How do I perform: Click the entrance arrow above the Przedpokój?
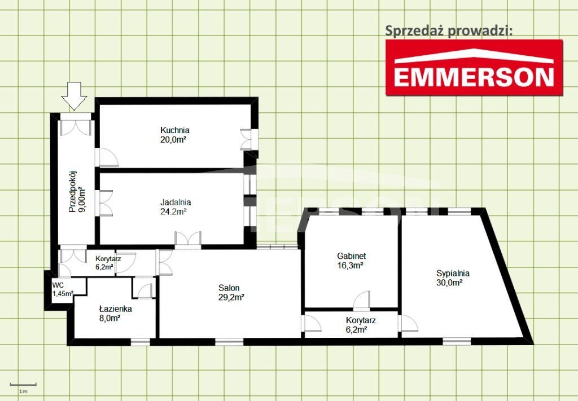74,96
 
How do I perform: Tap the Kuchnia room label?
175,130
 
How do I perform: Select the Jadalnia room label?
176,202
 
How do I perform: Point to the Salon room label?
229,288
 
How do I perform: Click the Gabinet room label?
351,256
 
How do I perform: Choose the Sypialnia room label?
453,274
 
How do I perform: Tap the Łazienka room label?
115,309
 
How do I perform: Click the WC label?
58,285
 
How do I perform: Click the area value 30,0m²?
449,283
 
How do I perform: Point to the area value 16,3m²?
351,265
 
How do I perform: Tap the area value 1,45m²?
63,293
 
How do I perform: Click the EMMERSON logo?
474,68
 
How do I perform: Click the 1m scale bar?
23,385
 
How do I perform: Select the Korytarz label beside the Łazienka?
108,259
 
